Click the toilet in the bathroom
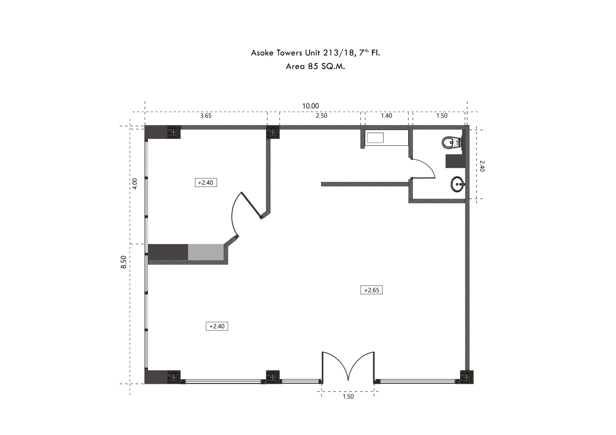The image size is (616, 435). pyautogui.click(x=451, y=143)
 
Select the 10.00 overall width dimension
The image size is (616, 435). pyautogui.click(x=310, y=106)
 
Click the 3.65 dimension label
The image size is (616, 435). pyautogui.click(x=206, y=116)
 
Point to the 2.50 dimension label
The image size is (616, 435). pyautogui.click(x=322, y=116)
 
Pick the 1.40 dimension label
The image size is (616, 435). pyautogui.click(x=387, y=116)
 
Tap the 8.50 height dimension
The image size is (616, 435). pyautogui.click(x=124, y=262)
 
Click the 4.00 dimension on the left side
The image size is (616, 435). pyautogui.click(x=135, y=184)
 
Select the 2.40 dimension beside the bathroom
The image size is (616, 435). pyautogui.click(x=482, y=166)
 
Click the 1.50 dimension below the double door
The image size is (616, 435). pyautogui.click(x=348, y=397)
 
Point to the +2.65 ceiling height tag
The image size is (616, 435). pyautogui.click(x=371, y=290)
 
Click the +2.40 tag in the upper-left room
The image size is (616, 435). pyautogui.click(x=206, y=183)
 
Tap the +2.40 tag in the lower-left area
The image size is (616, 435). pyautogui.click(x=217, y=326)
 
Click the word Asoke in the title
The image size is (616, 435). pyautogui.click(x=262, y=53)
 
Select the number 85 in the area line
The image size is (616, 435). pyautogui.click(x=313, y=66)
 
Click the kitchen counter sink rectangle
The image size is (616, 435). pyautogui.click(x=375, y=138)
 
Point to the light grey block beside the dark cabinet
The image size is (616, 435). pyautogui.click(x=206, y=252)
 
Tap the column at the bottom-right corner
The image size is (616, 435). pyautogui.click(x=467, y=377)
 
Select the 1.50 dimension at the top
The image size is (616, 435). pyautogui.click(x=442, y=116)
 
